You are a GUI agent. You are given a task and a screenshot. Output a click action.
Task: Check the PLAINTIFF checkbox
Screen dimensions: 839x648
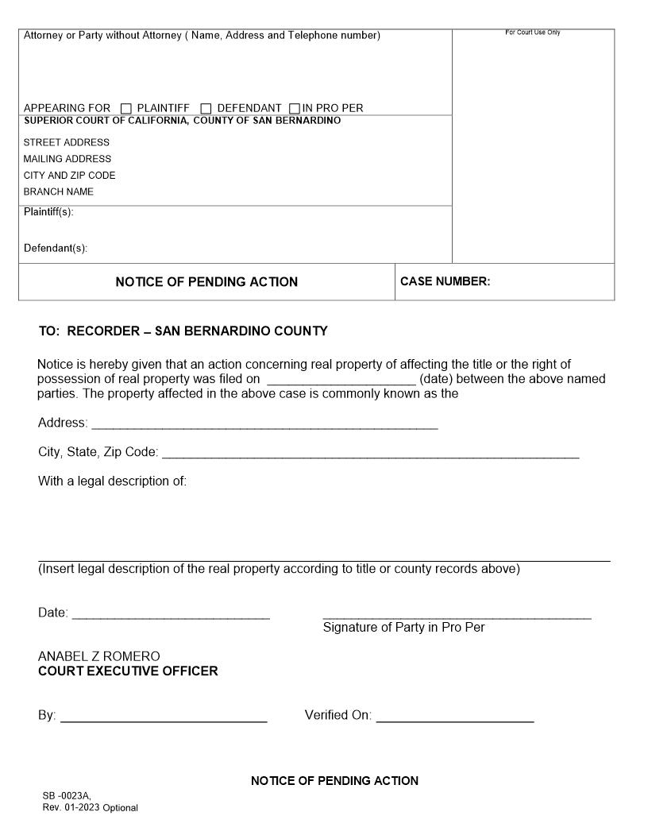coord(126,109)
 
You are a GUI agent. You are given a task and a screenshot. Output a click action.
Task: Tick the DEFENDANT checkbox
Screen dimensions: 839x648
coord(206,109)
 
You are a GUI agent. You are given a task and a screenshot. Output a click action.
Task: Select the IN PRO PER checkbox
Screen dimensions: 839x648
coord(295,109)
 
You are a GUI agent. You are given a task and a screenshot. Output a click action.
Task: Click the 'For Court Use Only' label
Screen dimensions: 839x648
coord(532,33)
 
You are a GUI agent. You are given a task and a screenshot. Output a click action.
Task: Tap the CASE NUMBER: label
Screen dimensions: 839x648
coord(445,281)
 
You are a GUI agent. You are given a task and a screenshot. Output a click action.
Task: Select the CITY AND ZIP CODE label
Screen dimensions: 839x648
coord(69,176)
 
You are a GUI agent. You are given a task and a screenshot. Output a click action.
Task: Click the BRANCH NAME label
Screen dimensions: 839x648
coord(59,191)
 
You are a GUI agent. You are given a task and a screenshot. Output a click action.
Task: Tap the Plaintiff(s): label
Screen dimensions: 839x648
coord(48,211)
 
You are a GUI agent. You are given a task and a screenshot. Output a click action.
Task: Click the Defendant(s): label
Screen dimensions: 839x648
coord(56,248)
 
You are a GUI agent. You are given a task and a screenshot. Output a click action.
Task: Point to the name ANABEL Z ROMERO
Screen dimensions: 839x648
coord(98,656)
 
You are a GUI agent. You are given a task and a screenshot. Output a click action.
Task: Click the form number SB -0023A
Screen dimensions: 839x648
coord(67,795)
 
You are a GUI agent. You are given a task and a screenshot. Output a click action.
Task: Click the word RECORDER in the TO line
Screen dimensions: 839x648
coord(102,331)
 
